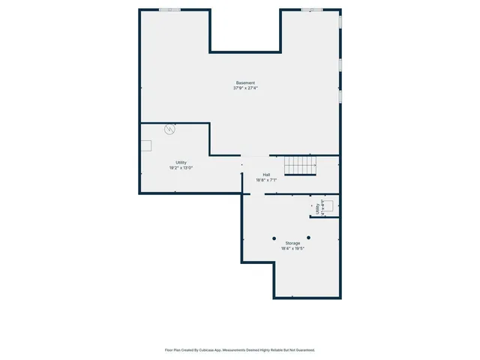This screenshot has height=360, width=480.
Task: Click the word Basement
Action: coord(245,82)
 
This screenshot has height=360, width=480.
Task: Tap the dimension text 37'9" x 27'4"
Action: coord(245,88)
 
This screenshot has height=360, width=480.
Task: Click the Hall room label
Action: coord(266,174)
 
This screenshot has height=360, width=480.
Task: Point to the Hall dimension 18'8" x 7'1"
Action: coord(266,180)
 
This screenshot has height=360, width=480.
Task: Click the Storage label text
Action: coord(292,243)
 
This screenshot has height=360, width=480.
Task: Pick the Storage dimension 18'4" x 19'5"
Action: coord(292,248)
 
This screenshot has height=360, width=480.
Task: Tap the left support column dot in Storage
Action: coord(274,238)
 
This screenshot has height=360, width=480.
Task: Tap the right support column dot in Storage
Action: coord(308,238)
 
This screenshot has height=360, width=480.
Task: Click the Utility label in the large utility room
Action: coord(181,162)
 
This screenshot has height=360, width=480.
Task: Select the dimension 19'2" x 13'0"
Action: coord(181,168)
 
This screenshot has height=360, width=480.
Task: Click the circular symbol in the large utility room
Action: coord(170,129)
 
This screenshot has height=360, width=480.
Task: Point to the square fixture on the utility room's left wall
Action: coord(145,145)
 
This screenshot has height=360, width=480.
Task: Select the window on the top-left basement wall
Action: coord(169,10)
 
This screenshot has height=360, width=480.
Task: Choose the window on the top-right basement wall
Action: coord(312,10)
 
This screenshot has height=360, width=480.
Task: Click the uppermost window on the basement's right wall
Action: coord(340,22)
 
